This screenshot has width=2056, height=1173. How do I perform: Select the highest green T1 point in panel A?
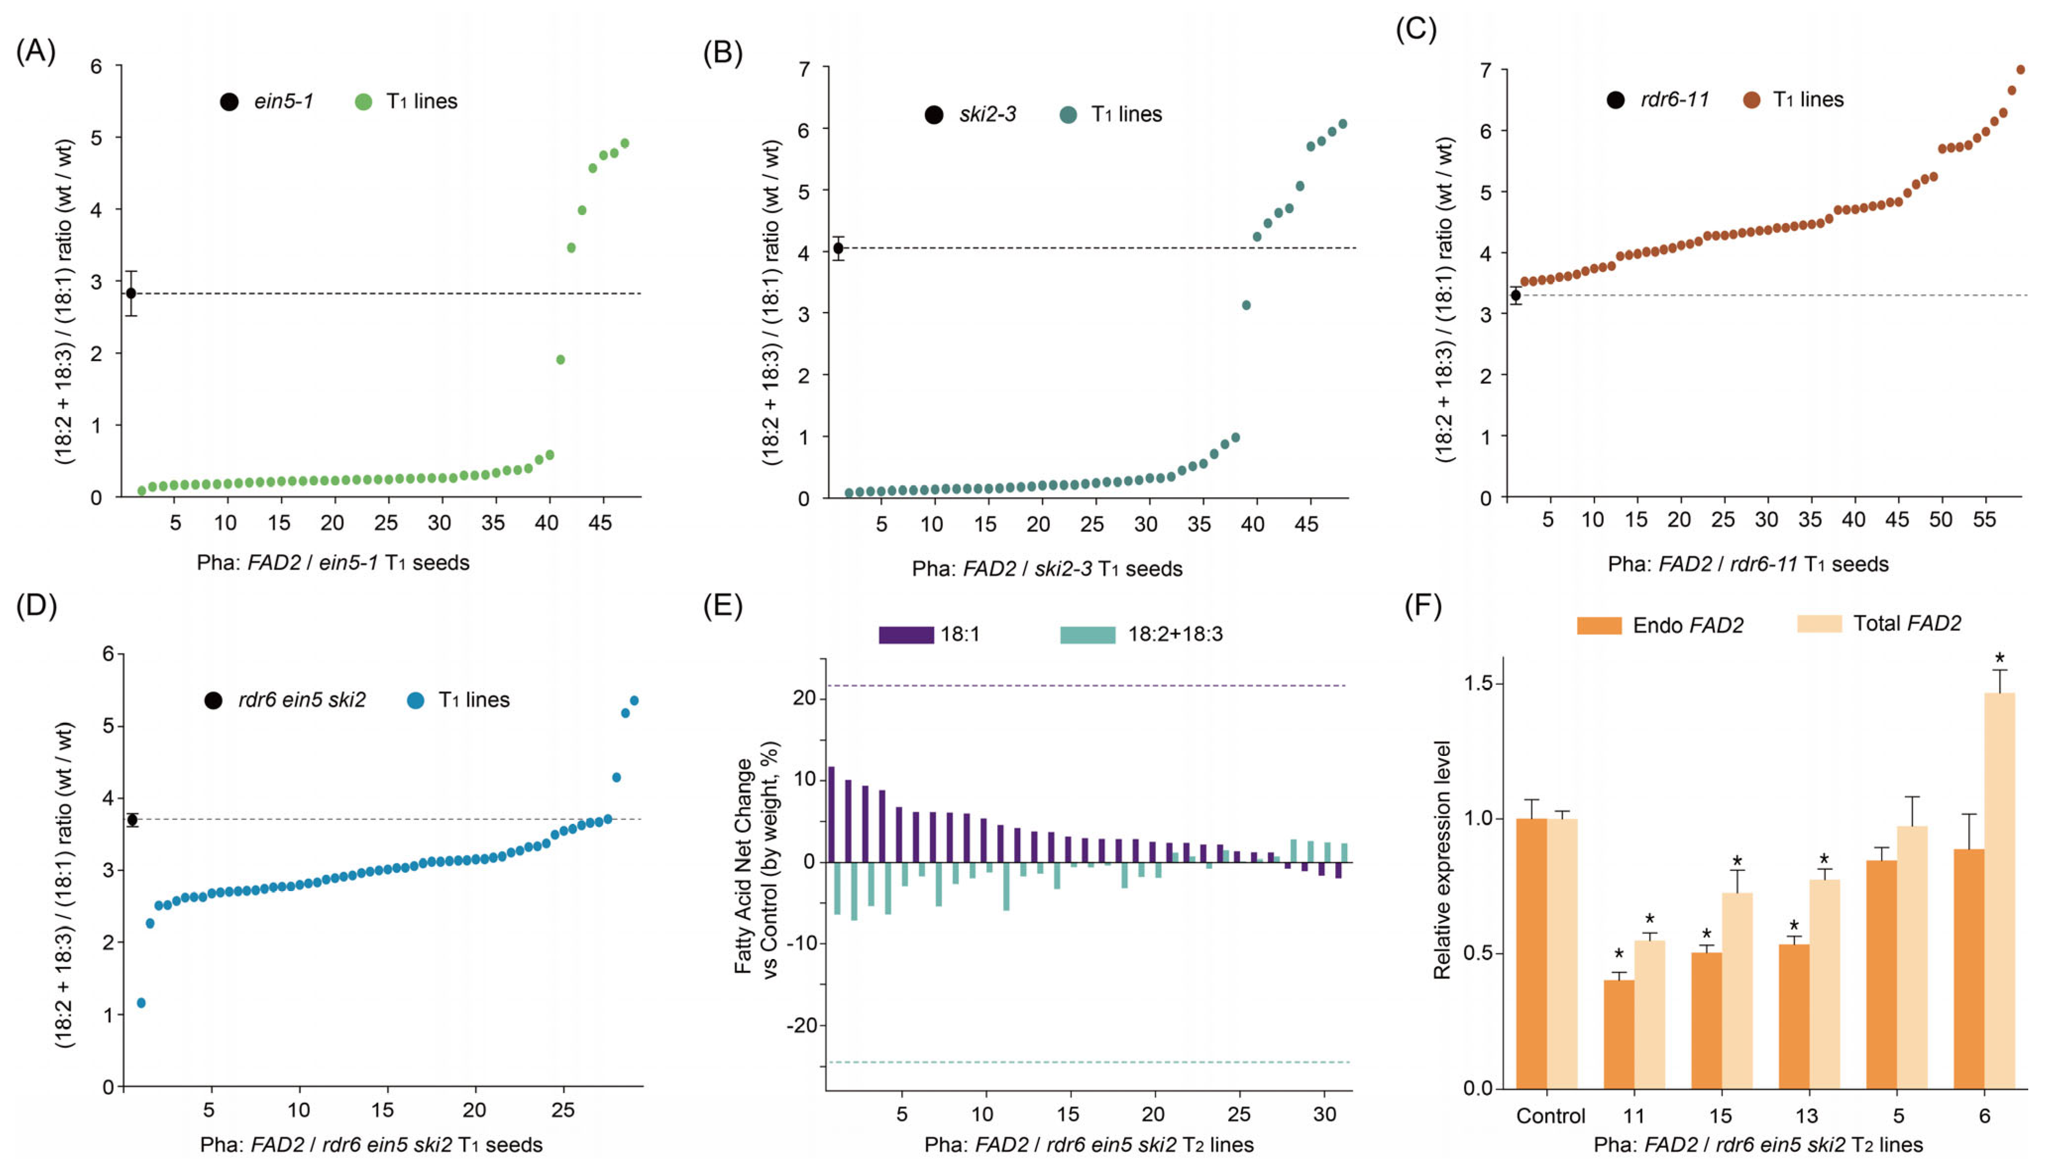click(x=624, y=143)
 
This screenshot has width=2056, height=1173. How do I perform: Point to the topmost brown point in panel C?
click(x=2020, y=70)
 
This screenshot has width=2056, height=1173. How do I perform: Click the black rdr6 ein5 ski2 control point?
click(x=132, y=820)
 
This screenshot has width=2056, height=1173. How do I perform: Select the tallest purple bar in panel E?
click(x=831, y=814)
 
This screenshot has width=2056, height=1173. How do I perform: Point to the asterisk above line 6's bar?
click(x=2000, y=659)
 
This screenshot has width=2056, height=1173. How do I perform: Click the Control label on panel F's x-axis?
click(x=1550, y=1116)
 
